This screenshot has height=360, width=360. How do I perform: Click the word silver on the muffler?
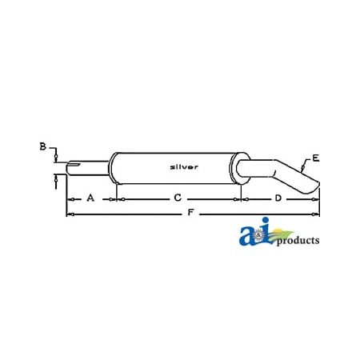[x=185, y=166]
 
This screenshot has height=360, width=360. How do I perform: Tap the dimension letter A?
[x=90, y=197]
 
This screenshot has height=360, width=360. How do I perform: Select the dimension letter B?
[x=42, y=146]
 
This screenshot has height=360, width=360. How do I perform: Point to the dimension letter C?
[x=178, y=197]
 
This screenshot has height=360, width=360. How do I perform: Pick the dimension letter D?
[x=278, y=197]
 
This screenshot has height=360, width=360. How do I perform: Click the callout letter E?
[x=315, y=157]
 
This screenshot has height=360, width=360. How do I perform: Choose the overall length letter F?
[x=190, y=214]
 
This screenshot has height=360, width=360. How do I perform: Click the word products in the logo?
[x=298, y=240]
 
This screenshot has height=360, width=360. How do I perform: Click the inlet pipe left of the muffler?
[x=88, y=167]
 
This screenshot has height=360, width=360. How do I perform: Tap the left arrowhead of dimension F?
[x=69, y=214]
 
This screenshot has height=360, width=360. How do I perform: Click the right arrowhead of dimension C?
[x=238, y=198]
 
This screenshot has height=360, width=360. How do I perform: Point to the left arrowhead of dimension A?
[x=69, y=198]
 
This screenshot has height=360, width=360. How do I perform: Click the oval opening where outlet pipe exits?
[x=238, y=167]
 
